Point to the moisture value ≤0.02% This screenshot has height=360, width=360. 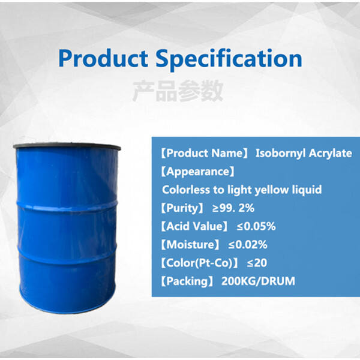247,244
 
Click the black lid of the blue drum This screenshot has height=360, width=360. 76,146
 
